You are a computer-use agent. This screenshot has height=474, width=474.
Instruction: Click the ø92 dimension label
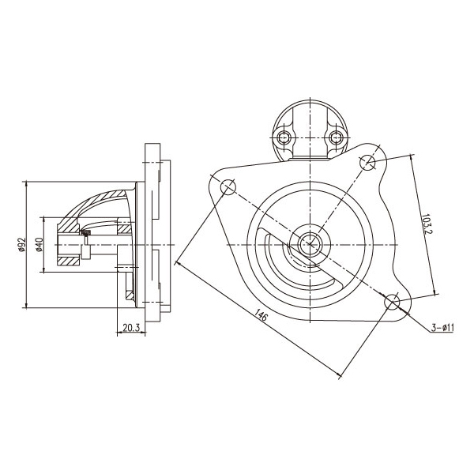coord(22,245)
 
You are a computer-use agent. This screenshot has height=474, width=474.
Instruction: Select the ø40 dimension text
coord(39,245)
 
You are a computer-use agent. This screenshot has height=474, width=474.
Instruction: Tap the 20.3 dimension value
coord(131,327)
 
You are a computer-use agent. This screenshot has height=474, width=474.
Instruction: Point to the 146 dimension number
coord(261,315)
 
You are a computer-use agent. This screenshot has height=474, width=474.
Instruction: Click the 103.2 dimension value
coord(427,224)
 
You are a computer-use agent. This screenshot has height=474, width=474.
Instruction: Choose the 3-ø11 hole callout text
coord(442,327)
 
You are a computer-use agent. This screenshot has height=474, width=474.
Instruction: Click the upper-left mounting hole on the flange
coord(228,187)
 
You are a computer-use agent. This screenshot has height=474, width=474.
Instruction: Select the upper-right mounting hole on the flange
coord(367,162)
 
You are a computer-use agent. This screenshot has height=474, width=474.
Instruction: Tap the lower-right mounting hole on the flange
coord(392,302)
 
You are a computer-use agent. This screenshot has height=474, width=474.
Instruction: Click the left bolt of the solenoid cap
coord(284,138)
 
